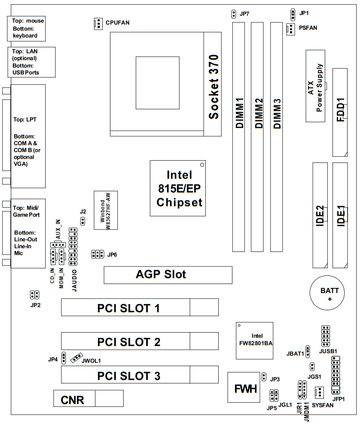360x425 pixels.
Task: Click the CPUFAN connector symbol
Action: coord(97,24)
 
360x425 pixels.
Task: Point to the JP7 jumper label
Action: coord(245,14)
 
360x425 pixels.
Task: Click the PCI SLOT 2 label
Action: coord(129,342)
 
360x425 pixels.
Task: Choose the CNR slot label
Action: coord(72,400)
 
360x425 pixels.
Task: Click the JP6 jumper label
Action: coord(112,254)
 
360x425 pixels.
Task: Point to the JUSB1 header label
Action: coord(328,351)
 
